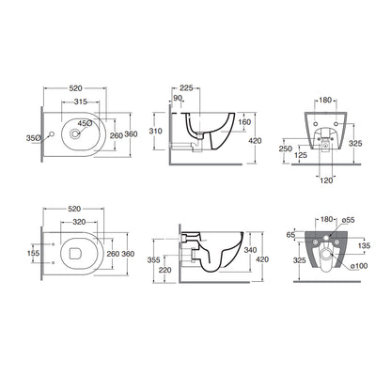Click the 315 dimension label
pyautogui.click(x=81, y=102)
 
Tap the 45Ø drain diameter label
pyautogui.click(x=85, y=123)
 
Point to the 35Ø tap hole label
pyautogui.click(x=33, y=138)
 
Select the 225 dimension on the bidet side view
pyautogui.click(x=186, y=88)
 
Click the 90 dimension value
pyautogui.click(x=178, y=98)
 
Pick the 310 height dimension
pyautogui.click(x=156, y=131)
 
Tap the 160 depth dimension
pyautogui.click(x=244, y=122)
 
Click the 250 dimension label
pyautogui.click(x=286, y=149)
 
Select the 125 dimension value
pyautogui.click(x=301, y=155)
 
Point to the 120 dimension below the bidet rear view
pyautogui.click(x=326, y=180)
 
